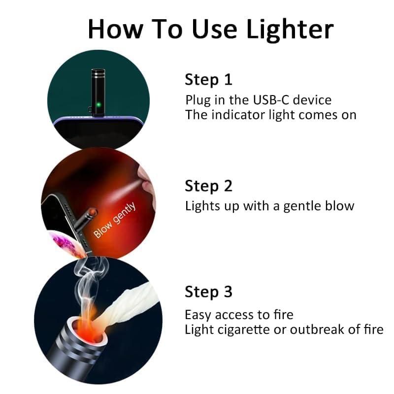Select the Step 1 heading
pyautogui.click(x=208, y=79)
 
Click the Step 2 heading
pyautogui.click(x=208, y=186)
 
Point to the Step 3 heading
pyautogui.click(x=208, y=292)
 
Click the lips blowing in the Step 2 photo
pyautogui.click(x=146, y=180)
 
